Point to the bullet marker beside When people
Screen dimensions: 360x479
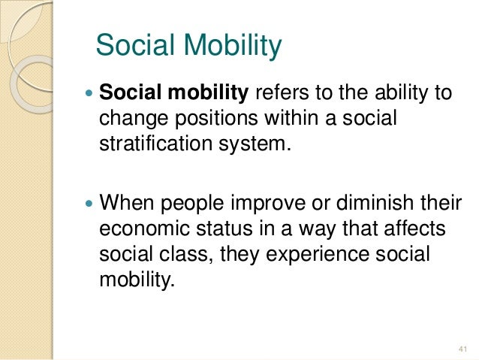click(x=91, y=203)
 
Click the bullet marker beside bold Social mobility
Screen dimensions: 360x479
click(x=91, y=95)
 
